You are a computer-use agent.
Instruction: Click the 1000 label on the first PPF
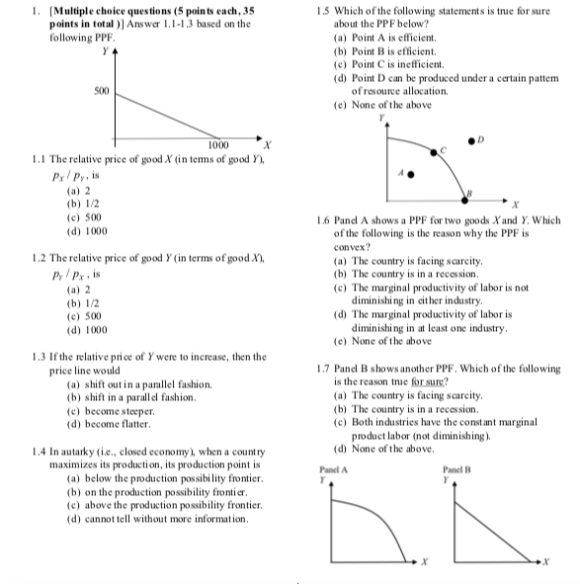[x=219, y=145]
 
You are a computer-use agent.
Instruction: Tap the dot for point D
[x=514, y=137]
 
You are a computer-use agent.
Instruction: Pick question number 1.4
[x=41, y=451]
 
